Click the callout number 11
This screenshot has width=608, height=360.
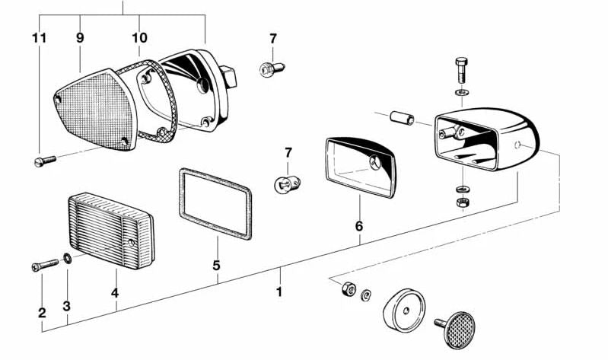[x=40, y=37]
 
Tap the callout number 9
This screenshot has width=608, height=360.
[x=79, y=37]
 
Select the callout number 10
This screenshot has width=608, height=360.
[x=139, y=37]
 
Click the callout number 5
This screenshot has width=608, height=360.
[x=217, y=266]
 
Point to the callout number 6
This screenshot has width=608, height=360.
[x=359, y=226]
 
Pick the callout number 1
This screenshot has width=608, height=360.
[x=279, y=292]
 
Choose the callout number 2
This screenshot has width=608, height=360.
[x=42, y=312]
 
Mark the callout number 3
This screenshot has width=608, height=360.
[x=67, y=307]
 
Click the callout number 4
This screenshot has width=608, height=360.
[x=116, y=293]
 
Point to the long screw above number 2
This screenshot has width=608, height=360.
[x=45, y=265]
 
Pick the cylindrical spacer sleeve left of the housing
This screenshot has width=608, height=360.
[x=401, y=120]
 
